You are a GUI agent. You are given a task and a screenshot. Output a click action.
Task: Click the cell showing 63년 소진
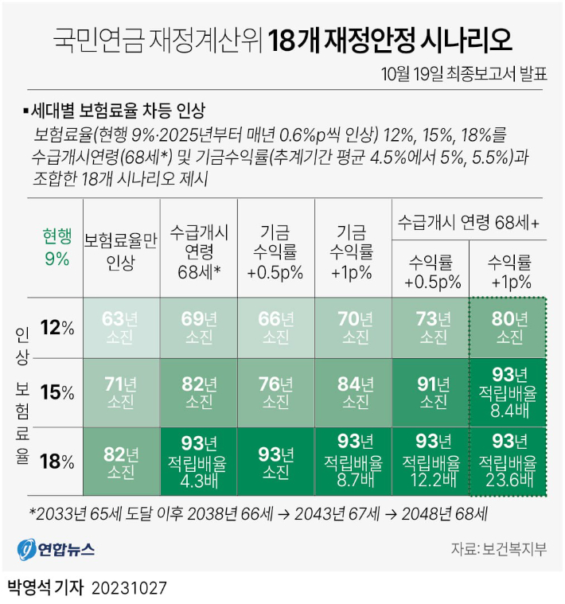(122, 327)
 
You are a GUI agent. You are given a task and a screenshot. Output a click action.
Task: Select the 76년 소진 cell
(276, 392)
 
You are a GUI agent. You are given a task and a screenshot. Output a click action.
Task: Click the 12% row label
(58, 327)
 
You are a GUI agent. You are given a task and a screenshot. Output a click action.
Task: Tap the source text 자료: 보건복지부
(499, 548)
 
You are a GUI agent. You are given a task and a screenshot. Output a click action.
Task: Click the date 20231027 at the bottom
(129, 589)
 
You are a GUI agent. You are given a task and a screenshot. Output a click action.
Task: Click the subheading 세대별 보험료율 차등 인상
(124, 109)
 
